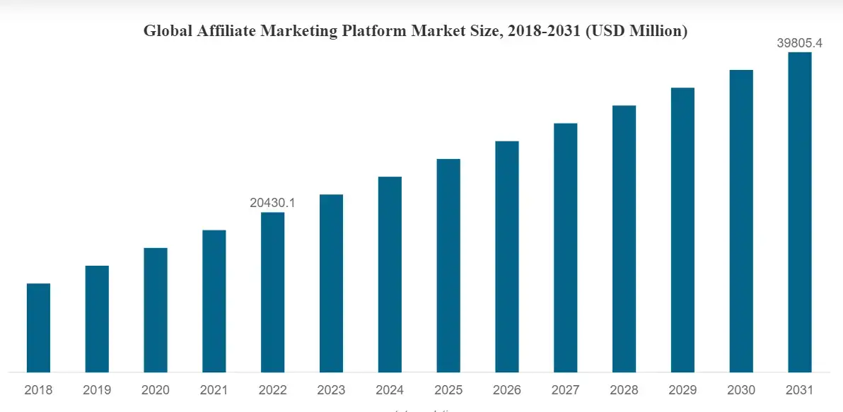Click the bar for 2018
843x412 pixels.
coord(38,327)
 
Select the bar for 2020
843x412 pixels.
coord(156,310)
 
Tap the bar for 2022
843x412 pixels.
coord(273,292)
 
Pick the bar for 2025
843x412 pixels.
coord(448,265)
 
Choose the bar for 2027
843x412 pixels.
coord(566,247)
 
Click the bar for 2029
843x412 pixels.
coord(682,230)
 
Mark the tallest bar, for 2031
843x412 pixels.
coord(800,212)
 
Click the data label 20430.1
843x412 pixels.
coord(272,203)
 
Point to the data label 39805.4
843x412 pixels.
coord(800,43)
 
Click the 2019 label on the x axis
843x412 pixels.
coord(97,390)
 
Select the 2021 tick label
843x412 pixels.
coord(214,390)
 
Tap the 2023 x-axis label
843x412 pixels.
coord(331,390)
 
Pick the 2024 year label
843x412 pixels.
coord(390,390)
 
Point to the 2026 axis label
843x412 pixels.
coord(507,390)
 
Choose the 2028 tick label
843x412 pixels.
coord(624,390)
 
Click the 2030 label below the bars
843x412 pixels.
coord(741,390)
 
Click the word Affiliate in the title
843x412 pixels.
coord(223,31)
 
